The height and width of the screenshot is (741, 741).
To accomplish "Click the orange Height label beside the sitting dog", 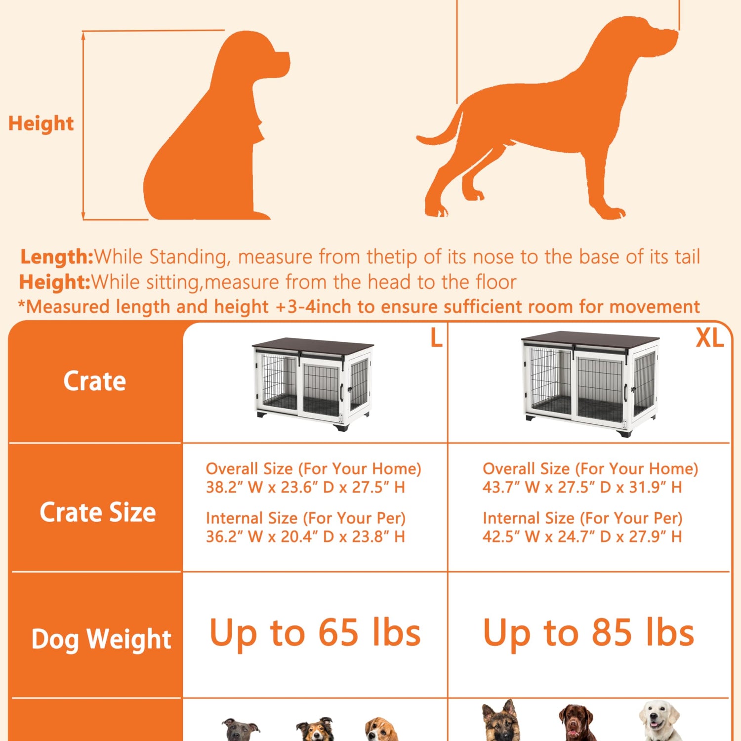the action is pos(41,123).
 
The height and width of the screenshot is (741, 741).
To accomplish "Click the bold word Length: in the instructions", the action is pos(57,257).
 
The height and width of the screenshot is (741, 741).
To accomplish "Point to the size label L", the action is pos(436,338).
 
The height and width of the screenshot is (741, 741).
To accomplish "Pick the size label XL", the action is pos(709,338).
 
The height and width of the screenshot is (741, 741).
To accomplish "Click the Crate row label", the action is pos(95,381).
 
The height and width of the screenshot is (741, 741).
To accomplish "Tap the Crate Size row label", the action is pos(98,512).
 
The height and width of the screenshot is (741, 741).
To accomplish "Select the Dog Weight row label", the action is pos(101,639).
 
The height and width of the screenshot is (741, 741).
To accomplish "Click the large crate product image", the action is pos(313,384).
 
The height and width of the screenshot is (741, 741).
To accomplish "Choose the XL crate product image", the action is pos(590,383).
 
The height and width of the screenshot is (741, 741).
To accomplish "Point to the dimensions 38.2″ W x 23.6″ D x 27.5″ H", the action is pos(305,488).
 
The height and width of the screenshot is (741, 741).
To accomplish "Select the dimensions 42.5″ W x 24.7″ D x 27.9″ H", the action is pos(582,536).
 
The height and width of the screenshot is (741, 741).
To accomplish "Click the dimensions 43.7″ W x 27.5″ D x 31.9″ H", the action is pos(582,488).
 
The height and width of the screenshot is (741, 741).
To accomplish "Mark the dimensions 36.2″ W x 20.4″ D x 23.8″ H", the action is pos(305,536).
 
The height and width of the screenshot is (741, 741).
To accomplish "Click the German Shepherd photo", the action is pos(501,720).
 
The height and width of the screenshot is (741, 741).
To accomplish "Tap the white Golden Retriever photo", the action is pos(660,720).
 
